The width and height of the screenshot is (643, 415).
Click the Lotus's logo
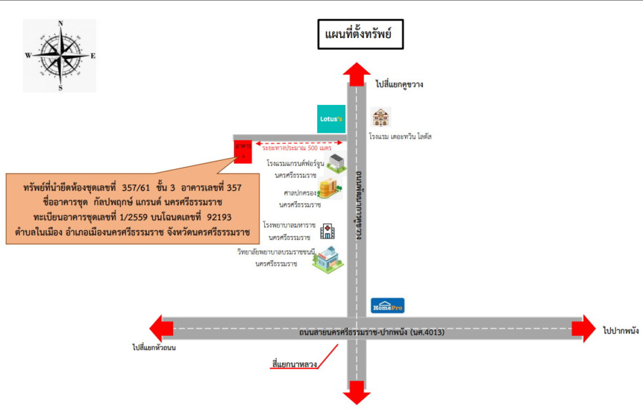coord(331,119)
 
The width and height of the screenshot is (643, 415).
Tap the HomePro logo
coord(388,306)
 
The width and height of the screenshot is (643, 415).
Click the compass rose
coord(60,55)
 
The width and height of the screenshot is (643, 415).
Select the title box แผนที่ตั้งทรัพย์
coord(360,35)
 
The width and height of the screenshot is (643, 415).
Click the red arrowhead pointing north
coord(356,73)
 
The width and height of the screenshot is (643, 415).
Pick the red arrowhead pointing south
coord(356,392)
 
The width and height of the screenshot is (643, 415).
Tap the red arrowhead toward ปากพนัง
coord(584,328)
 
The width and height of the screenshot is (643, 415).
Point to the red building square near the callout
coord(243,152)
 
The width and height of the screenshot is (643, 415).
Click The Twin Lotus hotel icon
coord(381,117)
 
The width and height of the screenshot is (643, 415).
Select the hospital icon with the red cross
coord(327,232)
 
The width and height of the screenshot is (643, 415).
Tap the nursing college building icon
coord(327,259)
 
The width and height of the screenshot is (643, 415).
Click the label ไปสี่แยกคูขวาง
coord(399,84)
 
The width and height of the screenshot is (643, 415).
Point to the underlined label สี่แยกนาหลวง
coord(295,365)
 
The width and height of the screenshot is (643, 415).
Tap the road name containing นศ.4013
coord(372,333)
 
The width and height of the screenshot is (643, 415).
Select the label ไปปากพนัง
coord(620,331)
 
